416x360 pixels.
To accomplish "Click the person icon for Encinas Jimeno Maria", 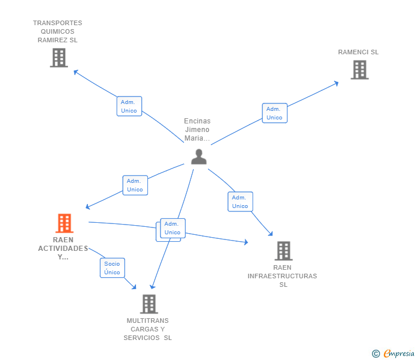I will (198, 157).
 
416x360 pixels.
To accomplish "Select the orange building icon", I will (64, 223).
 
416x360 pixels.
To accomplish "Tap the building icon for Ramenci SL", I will (359, 70).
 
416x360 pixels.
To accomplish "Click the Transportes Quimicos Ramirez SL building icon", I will (58, 58).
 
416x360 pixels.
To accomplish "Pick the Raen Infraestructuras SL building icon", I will (283, 250).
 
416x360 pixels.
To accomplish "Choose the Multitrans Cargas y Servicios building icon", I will (149, 304).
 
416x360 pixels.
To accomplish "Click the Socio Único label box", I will (112, 268).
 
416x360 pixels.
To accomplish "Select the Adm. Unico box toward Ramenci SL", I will (274, 113).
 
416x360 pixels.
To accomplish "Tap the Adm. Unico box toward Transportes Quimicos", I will (129, 106).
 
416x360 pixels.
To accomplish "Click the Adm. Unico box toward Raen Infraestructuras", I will (240, 202).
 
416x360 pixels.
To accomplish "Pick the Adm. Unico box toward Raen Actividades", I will (135, 185).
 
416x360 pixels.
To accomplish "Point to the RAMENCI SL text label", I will (358, 52).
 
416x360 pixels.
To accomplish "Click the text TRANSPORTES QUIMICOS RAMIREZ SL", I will (58, 31).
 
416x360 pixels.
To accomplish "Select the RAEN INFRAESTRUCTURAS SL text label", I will (282, 276).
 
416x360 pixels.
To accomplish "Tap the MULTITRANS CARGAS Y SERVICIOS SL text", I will (148, 329).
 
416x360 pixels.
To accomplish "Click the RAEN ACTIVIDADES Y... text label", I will (63, 248).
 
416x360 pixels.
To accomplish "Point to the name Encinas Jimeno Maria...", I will (197, 130).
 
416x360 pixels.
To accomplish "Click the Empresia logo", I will (399, 354).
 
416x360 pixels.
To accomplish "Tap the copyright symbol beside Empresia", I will (375, 354).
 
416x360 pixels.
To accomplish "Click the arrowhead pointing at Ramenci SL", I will (337, 83).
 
